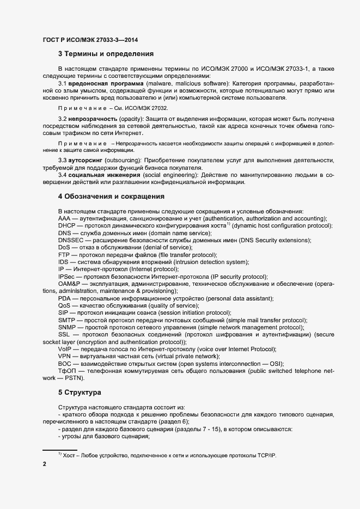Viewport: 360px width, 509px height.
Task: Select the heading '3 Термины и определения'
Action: pyautogui.click(x=106, y=54)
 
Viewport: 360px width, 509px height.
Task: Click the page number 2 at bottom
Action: pyautogui.click(x=44, y=464)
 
